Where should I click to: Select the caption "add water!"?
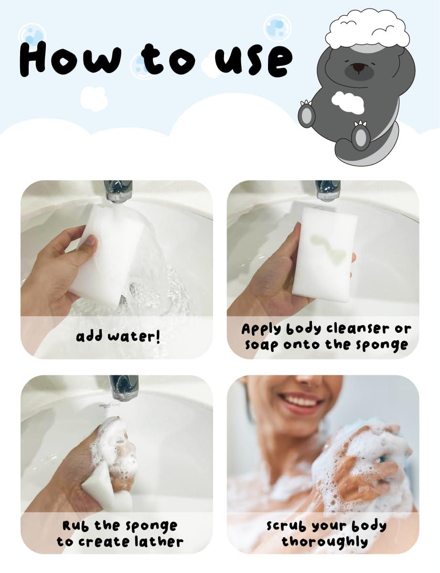pos(118,336)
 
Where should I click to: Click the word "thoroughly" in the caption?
pos(324,541)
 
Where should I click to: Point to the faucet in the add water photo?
pos(118,191)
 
